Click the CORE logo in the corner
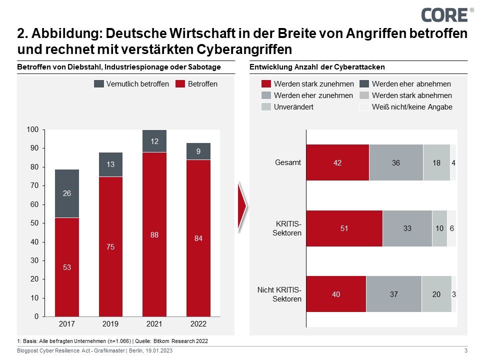(x=444, y=14)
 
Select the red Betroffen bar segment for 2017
(x=67, y=267)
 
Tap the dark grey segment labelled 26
(x=67, y=193)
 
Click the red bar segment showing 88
(x=154, y=234)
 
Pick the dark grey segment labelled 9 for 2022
(x=198, y=151)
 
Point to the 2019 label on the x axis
(x=111, y=324)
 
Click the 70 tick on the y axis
(x=34, y=185)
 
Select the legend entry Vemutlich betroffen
(x=132, y=84)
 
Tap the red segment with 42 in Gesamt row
(x=337, y=162)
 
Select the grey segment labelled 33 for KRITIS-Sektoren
(x=407, y=228)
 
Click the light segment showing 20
(x=436, y=294)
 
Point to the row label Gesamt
(x=288, y=162)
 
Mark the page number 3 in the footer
(x=466, y=350)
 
